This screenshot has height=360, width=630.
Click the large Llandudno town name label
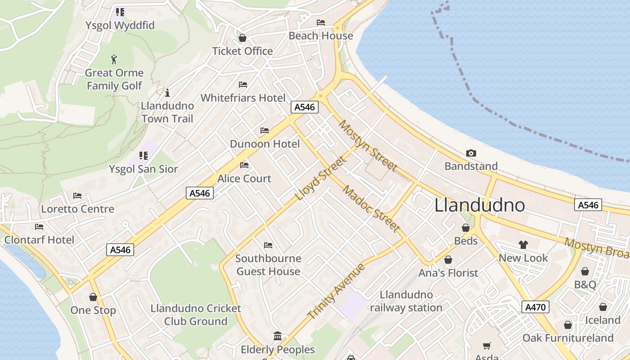[480, 205]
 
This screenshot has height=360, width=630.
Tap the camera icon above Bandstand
[471, 153]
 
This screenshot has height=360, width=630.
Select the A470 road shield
[535, 307]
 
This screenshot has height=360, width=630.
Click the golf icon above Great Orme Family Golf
[114, 59]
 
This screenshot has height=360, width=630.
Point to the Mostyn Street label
[368, 146]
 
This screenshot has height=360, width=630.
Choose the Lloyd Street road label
[321, 178]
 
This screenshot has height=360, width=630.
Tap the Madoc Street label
[371, 208]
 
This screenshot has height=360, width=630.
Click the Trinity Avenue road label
[337, 291]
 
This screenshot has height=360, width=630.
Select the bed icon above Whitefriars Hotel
[243, 85]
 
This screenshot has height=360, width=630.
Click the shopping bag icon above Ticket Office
[243, 38]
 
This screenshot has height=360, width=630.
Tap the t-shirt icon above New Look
[523, 245]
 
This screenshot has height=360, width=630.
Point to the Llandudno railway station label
[406, 301]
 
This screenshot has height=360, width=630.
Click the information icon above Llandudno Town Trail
[167, 93]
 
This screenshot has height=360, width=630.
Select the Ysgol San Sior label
[144, 169]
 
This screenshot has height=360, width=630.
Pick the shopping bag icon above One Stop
[93, 297]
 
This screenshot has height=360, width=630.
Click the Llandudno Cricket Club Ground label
[196, 315]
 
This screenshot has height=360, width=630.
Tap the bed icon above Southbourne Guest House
[268, 245]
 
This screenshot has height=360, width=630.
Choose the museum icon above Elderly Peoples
[278, 336]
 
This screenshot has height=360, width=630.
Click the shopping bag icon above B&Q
[585, 271]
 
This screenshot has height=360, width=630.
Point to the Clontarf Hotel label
[39, 239]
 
